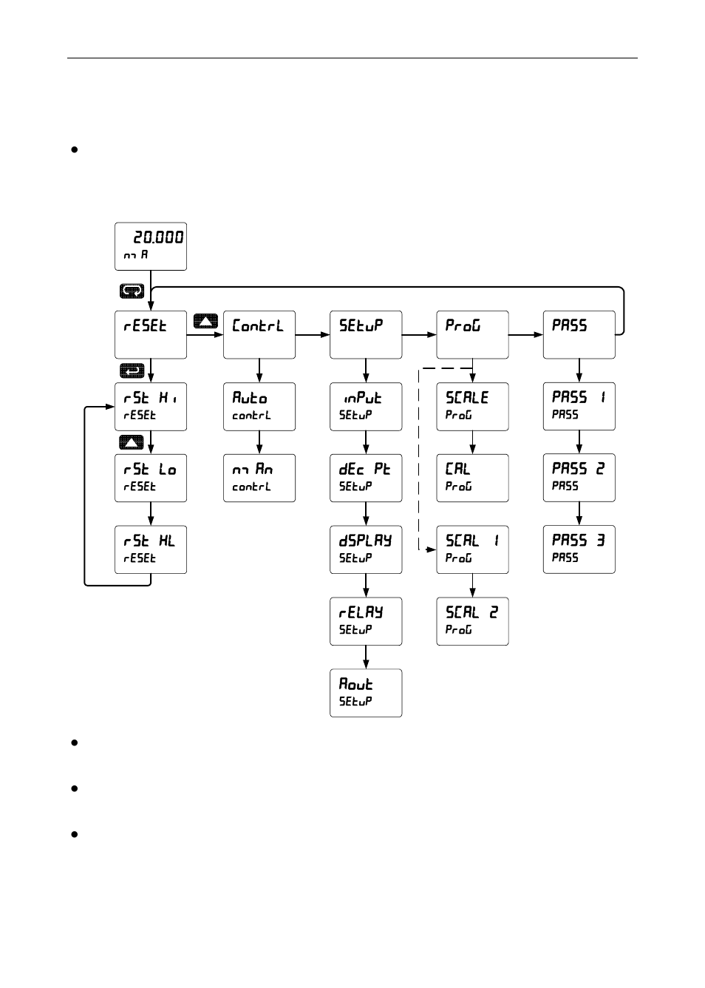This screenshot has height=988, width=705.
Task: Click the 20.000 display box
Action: [151, 246]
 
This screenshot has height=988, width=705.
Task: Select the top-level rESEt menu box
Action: [151, 334]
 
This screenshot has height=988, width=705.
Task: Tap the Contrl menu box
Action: [259, 334]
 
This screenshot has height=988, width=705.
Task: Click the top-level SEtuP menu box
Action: [366, 334]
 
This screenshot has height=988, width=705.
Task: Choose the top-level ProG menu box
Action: [472, 334]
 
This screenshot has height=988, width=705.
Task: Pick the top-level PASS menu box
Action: [579, 334]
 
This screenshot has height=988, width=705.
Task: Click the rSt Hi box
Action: [151, 406]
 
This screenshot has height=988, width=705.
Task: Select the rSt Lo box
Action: [151, 478]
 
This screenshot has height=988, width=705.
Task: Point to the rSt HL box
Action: [151, 549]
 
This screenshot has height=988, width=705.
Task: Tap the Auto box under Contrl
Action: [259, 406]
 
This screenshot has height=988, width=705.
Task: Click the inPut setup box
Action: [366, 406]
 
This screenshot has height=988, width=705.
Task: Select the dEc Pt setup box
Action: [366, 478]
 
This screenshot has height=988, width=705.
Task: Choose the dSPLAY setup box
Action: [366, 549]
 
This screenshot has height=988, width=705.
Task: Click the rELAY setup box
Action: [366, 621]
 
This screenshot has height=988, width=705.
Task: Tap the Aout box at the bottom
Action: [366, 693]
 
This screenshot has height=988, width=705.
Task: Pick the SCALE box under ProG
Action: [472, 406]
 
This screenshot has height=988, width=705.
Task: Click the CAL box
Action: [472, 478]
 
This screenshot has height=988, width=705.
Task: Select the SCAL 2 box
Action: [472, 621]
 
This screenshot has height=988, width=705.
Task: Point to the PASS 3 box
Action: [579, 549]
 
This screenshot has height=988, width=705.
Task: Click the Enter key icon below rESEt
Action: [132, 370]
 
